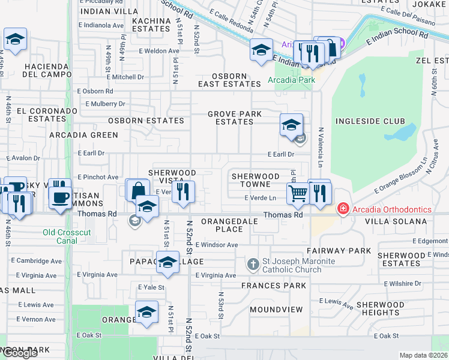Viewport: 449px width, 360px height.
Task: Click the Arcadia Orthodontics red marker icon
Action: click(x=343, y=209)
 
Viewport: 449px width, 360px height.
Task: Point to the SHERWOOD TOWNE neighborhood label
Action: click(x=256, y=180)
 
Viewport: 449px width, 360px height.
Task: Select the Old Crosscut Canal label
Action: click(x=60, y=236)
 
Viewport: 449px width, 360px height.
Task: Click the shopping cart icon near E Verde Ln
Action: click(x=298, y=193)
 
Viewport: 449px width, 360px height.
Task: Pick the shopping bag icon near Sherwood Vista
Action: click(x=138, y=190)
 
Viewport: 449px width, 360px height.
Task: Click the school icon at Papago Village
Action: click(x=168, y=262)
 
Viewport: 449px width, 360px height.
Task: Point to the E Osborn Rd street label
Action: click(x=95, y=91)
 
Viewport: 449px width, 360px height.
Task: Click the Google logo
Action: click(x=20, y=353)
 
